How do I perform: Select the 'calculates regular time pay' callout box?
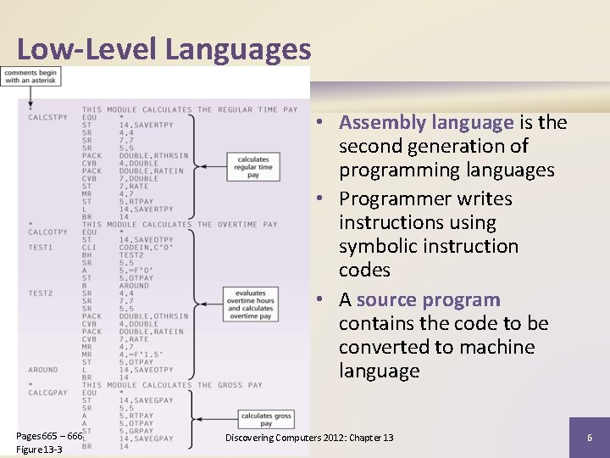[x=253, y=167]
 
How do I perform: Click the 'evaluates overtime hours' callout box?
[x=251, y=304]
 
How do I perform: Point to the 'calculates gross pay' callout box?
[x=266, y=420]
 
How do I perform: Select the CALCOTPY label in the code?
[x=48, y=232]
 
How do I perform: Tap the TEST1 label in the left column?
[x=40, y=247]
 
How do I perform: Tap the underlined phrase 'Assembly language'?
[x=426, y=122]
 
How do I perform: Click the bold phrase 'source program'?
[x=429, y=299]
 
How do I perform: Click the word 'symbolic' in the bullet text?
[x=381, y=246]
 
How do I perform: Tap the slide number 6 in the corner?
[x=589, y=437]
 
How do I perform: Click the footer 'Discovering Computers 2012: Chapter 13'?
[x=309, y=437]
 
